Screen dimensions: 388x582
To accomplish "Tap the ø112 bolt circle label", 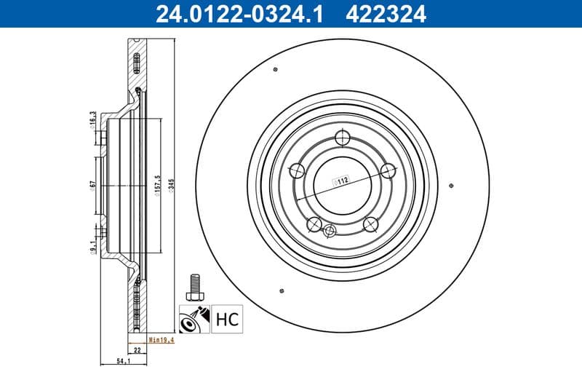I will (x=342, y=181).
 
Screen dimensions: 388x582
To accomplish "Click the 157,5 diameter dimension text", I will (x=157, y=186).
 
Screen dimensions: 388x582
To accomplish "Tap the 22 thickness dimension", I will (x=136, y=349).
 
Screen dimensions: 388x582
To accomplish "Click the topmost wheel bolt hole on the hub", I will (x=344, y=138).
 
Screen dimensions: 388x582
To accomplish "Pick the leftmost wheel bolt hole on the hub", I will (x=297, y=171).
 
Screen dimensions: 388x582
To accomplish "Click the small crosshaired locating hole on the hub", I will (x=330, y=231).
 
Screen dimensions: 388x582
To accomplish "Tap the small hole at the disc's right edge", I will (x=452, y=185).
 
